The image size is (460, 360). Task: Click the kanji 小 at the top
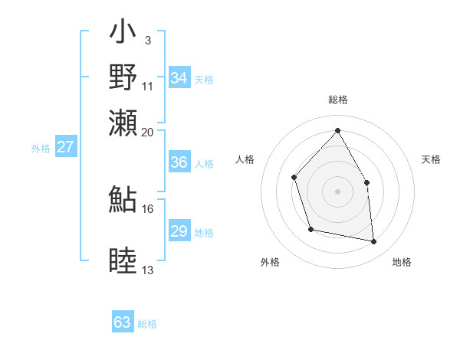point(123,34)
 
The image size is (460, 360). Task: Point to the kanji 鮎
point(123,198)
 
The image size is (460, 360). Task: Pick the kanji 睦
point(123,261)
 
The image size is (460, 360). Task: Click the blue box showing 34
point(179,78)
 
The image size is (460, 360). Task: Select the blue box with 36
point(179,162)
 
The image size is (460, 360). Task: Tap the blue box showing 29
point(179,231)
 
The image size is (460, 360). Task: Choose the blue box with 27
point(66,147)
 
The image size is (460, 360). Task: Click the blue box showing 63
point(123,322)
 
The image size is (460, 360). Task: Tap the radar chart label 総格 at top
point(337,100)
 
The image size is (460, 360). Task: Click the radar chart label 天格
point(432,159)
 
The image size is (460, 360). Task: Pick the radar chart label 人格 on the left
point(245,159)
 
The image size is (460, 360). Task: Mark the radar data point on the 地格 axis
point(374,242)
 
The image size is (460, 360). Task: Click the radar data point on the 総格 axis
point(337,130)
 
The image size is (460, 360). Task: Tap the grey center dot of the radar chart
point(337,191)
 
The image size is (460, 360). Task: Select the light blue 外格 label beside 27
point(41,149)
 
